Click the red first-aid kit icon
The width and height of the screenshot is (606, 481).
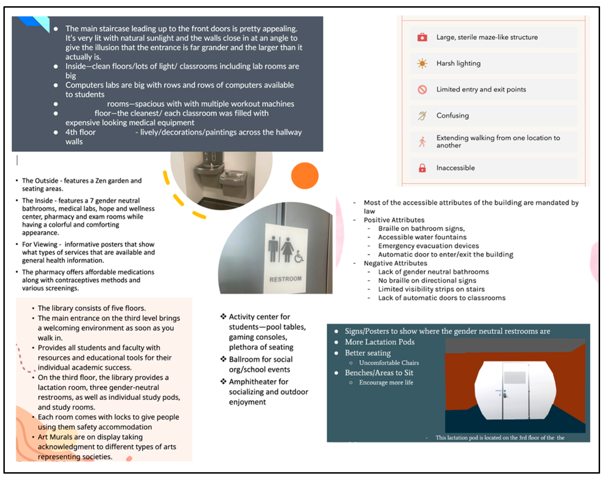tap(422, 37)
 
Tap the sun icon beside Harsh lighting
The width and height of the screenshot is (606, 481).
tap(422, 63)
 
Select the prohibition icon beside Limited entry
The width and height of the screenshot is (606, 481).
tap(422, 90)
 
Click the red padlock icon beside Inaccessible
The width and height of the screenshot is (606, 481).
tap(422, 168)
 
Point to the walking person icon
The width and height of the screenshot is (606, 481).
tap(422, 142)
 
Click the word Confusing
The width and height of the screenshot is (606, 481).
tap(452, 116)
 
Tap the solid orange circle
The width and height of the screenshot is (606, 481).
tap(305, 176)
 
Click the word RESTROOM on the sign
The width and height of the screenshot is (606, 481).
tap(285, 279)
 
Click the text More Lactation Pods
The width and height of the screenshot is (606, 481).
tap(379, 342)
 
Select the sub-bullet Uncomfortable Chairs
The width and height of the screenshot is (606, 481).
tap(389, 363)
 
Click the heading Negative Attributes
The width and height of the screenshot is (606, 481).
tap(395, 263)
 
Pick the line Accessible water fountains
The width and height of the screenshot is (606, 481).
tap(422, 237)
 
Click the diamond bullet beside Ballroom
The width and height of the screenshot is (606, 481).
tap(223, 359)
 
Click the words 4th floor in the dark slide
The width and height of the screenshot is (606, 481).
tap(80, 132)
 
